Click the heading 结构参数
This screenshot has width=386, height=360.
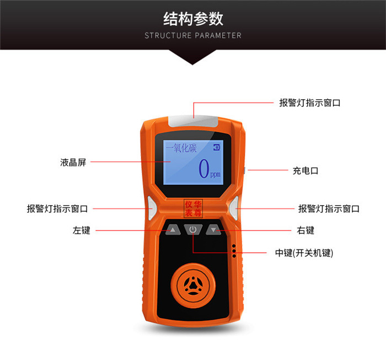click(193, 19)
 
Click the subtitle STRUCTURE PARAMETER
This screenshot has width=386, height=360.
click(193, 35)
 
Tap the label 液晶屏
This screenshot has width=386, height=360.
click(73, 162)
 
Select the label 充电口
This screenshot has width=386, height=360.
click(305, 170)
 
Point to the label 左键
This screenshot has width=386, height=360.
click(81, 230)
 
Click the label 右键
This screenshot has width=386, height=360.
click(305, 230)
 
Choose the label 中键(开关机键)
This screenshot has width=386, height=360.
click(304, 252)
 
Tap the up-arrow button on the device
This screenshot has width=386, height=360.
click(173, 230)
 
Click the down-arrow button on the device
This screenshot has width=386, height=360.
click(213, 230)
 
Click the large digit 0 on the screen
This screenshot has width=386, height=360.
click(204, 168)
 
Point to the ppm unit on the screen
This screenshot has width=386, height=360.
click(215, 174)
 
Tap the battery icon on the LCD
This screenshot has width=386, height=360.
click(216, 147)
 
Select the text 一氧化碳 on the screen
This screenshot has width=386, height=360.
click(181, 148)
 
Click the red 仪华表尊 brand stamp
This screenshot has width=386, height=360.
click(193, 208)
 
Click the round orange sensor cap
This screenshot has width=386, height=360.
click(193, 286)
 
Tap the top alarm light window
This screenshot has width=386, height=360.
click(193, 121)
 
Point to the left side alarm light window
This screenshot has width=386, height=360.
click(152, 208)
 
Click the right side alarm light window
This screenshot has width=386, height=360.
click(234, 208)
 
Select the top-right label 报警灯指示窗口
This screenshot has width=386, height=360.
click(310, 103)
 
